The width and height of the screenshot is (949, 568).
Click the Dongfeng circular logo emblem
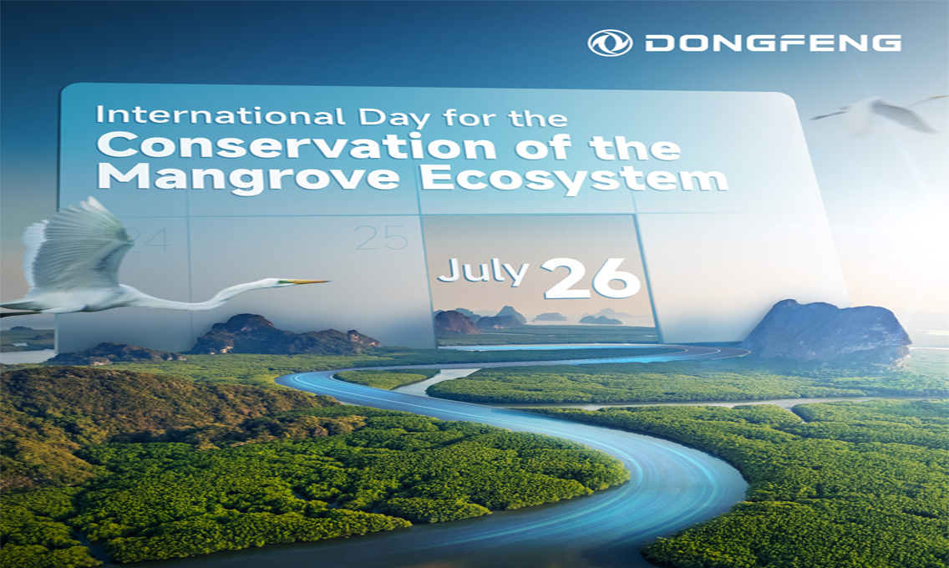pyautogui.click(x=610, y=43)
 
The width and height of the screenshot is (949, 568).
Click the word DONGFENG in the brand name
pyautogui.click(x=773, y=43)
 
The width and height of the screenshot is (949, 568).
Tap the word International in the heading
pyautogui.click(x=221, y=115)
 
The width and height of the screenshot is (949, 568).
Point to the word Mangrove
pyautogui.click(x=248, y=176)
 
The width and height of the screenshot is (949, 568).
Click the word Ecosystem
pyautogui.click(x=574, y=179)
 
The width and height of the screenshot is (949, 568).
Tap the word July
pyautogui.click(x=483, y=271)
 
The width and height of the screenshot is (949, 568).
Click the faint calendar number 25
pyautogui.click(x=382, y=238)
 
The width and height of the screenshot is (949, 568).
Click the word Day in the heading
pyautogui.click(x=393, y=117)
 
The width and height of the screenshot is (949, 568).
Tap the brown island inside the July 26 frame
pyautogui.click(x=455, y=322)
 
